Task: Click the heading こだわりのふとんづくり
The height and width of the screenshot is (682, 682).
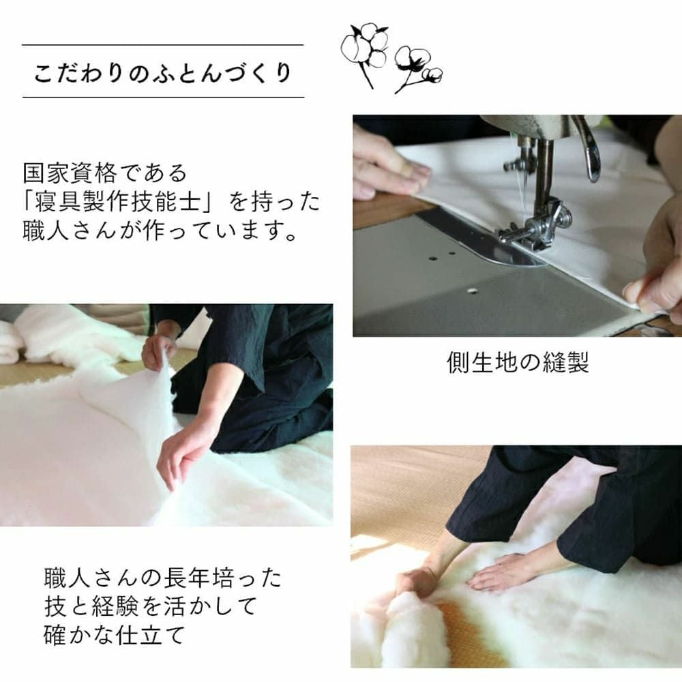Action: (162, 73)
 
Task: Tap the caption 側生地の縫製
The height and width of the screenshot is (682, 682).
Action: (518, 362)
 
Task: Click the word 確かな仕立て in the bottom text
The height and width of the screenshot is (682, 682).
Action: (115, 636)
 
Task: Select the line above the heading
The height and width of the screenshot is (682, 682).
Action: (162, 45)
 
